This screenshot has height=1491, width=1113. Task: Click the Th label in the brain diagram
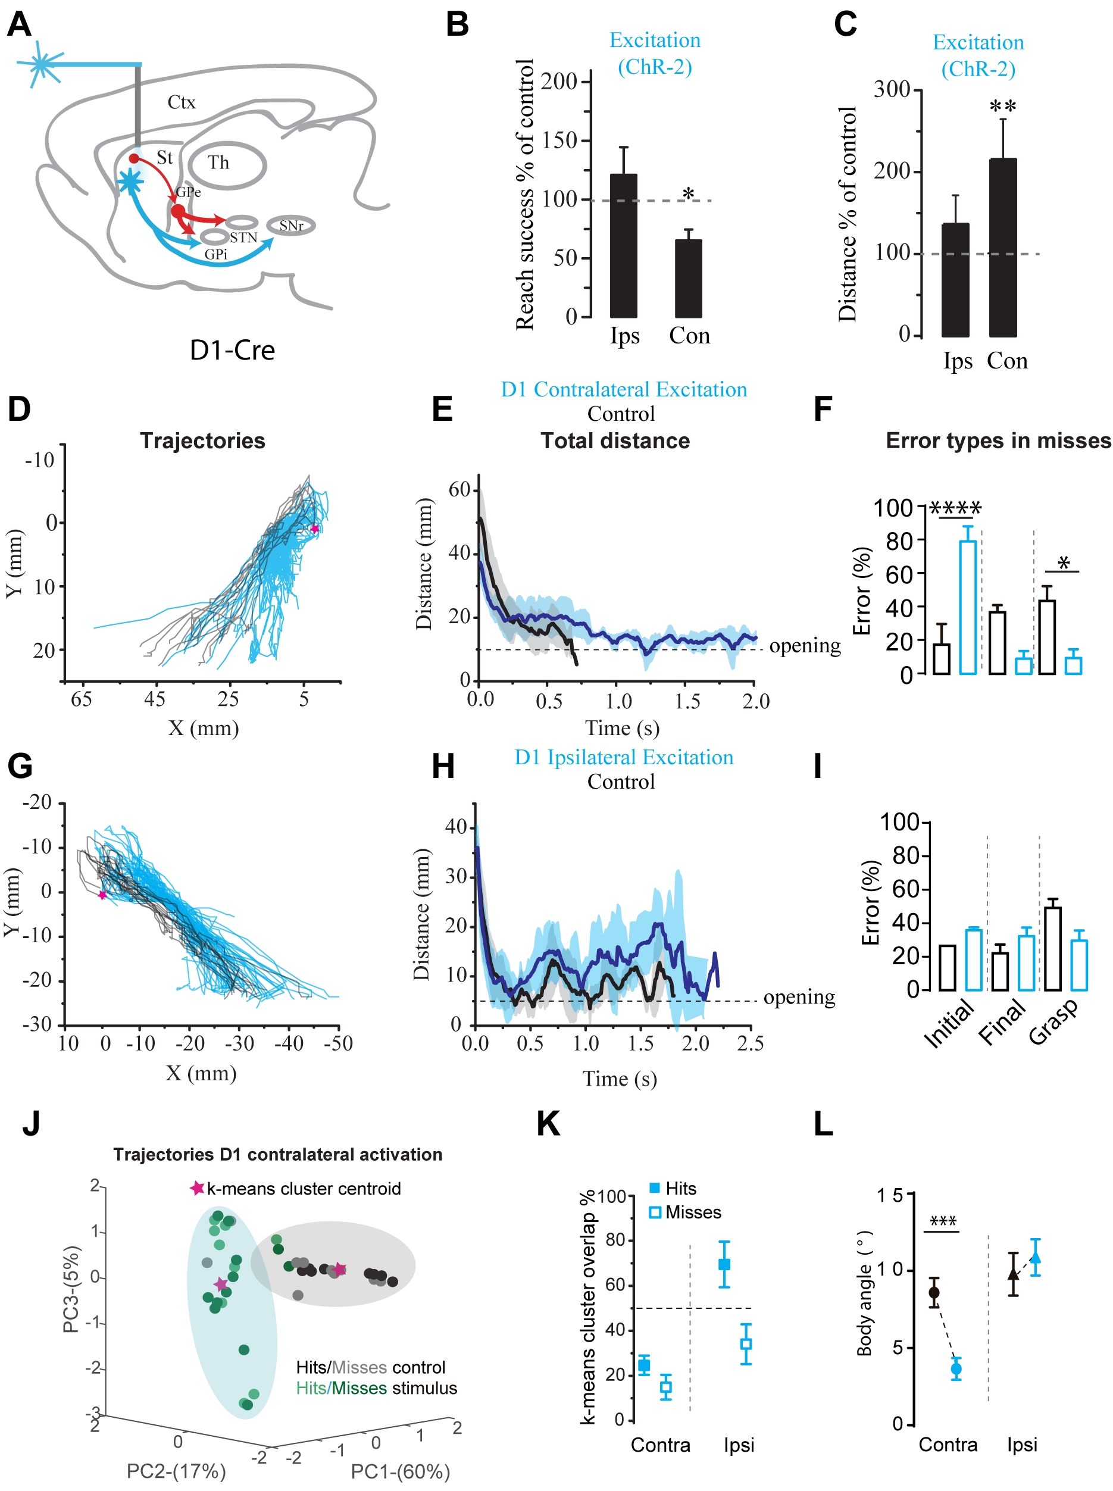[x=218, y=162]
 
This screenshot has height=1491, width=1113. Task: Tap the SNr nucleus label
[x=291, y=226]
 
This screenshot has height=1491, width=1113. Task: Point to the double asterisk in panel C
[x=1002, y=107]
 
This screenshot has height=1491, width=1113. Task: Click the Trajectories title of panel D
[x=202, y=440]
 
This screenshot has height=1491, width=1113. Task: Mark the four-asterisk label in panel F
[x=955, y=508]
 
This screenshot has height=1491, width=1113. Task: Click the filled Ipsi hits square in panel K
[x=724, y=1265]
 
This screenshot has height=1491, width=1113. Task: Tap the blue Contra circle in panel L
[x=955, y=1368]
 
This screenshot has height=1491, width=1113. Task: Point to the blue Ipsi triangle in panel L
[x=1035, y=1257]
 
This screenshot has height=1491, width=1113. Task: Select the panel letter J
[x=31, y=1124]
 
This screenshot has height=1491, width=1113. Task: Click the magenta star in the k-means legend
[x=197, y=1188]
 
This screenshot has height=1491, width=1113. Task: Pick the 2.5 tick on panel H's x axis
[x=750, y=1043]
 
